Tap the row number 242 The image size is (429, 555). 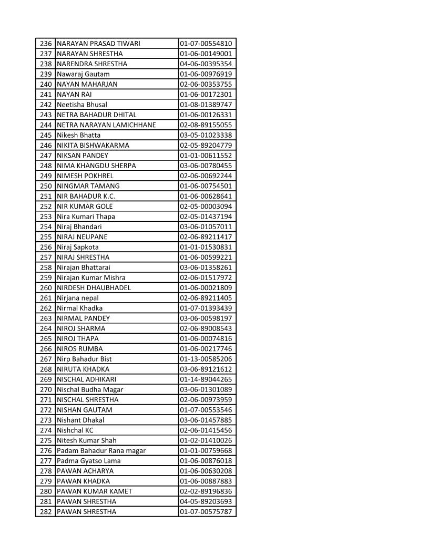tap(46, 105)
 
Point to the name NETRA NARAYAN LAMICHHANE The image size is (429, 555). tap(106, 125)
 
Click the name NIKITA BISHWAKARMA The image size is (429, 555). tap(93, 145)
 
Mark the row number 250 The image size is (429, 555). tap(46, 186)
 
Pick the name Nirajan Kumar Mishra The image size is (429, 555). tap(91, 277)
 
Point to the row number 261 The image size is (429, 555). tap(46, 298)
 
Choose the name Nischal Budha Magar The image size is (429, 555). tap(90, 389)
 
